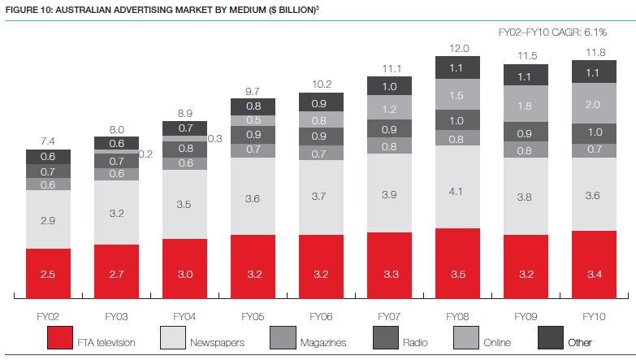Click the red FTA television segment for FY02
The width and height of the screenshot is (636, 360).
[48, 274]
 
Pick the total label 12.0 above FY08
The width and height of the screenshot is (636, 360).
[457, 49]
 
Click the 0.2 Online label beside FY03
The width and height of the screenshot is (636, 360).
[145, 154]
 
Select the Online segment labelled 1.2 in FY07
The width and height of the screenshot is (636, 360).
[389, 109]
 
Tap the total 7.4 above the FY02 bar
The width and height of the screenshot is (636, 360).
[48, 142]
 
